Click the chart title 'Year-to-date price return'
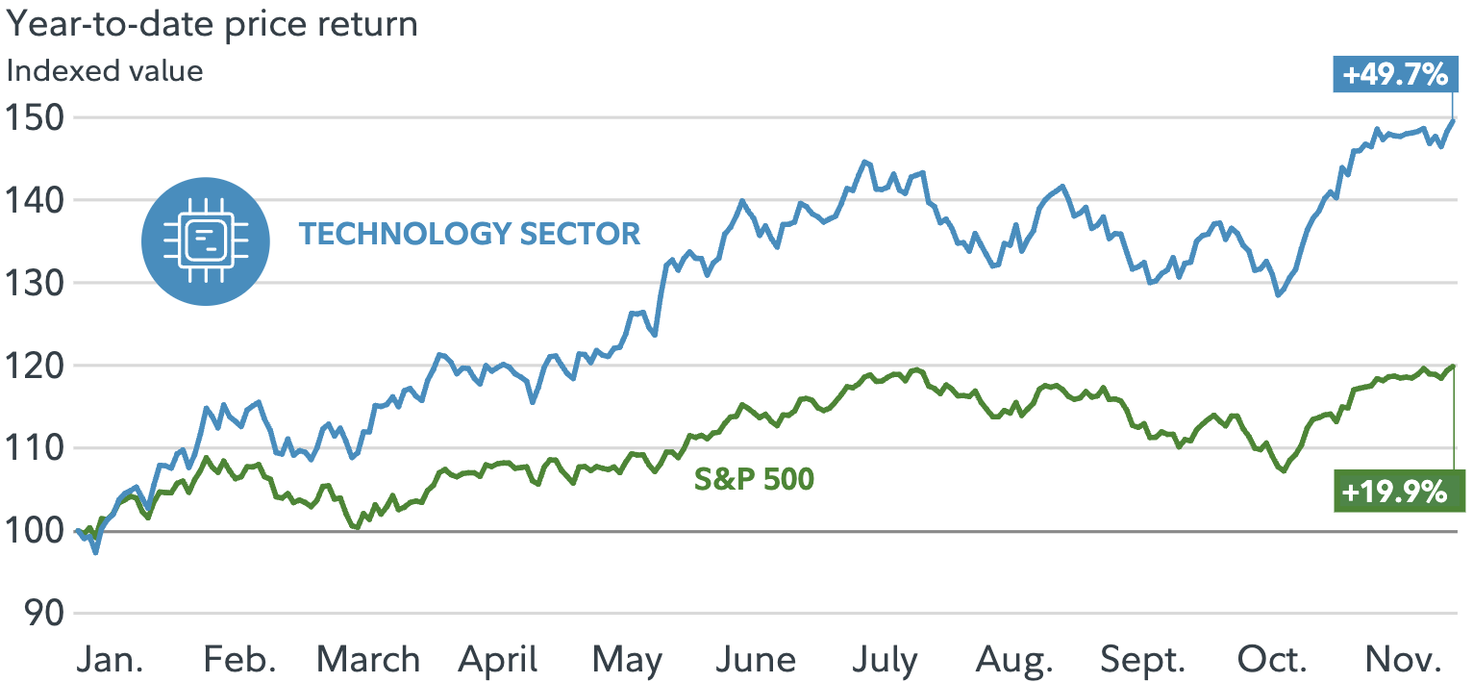pyautogui.click(x=212, y=24)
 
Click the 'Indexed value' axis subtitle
pyautogui.click(x=105, y=70)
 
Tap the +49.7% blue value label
pyautogui.click(x=1393, y=75)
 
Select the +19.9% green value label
pyautogui.click(x=1394, y=493)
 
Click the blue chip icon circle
pyautogui.click(x=203, y=240)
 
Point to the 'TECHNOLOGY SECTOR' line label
pyautogui.click(x=469, y=234)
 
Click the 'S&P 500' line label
pyautogui.click(x=754, y=478)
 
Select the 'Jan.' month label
pyautogui.click(x=111, y=660)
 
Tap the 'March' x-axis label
pyautogui.click(x=368, y=660)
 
